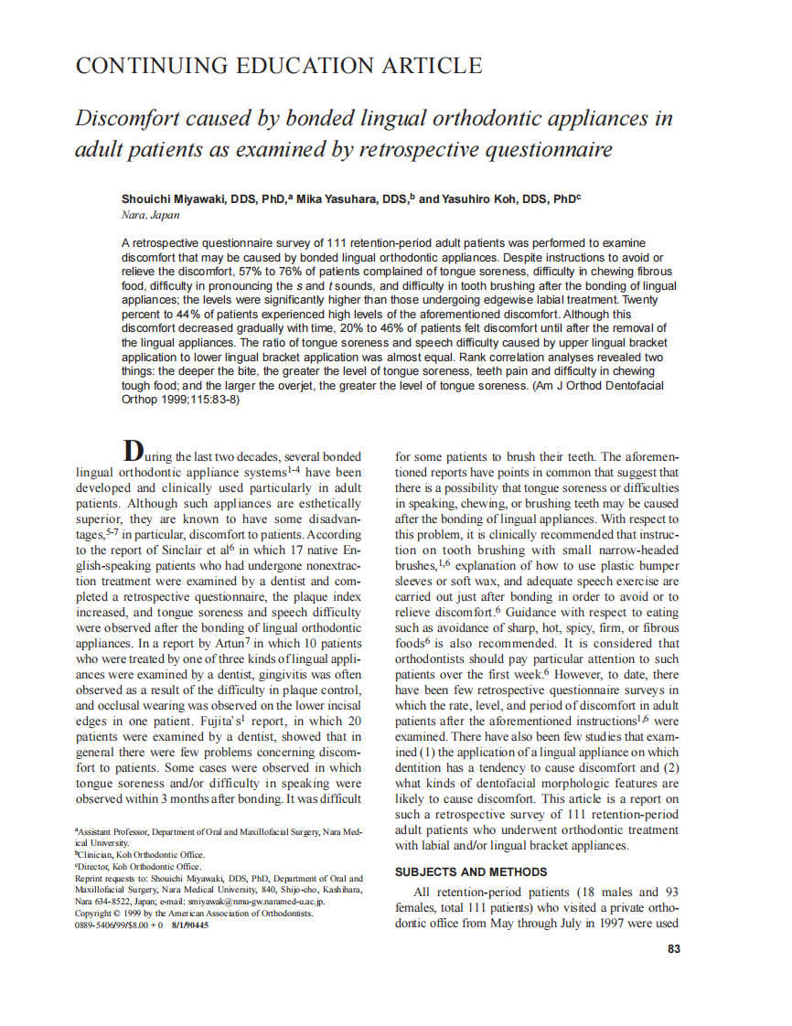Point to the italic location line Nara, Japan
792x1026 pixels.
151,216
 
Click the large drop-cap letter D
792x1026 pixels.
133,451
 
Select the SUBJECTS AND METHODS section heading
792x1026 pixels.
471,871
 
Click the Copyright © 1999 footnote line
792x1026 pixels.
194,913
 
